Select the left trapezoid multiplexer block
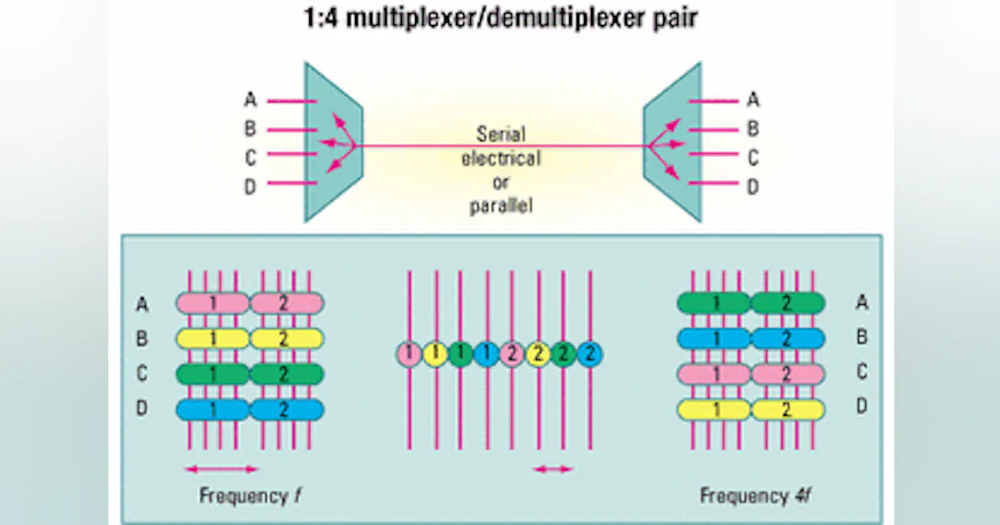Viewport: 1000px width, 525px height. (332, 142)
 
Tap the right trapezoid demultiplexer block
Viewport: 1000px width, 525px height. (672, 142)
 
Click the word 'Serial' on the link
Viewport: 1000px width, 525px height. (501, 133)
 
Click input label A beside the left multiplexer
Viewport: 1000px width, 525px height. (250, 101)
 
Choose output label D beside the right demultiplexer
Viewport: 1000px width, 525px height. (752, 187)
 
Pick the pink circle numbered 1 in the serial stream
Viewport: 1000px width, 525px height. (408, 354)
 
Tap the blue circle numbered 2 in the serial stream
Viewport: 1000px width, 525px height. (590, 354)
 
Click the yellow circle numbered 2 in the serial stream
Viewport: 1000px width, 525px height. (538, 354)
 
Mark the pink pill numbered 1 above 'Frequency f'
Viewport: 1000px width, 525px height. (212, 302)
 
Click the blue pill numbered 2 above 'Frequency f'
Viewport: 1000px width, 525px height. (286, 410)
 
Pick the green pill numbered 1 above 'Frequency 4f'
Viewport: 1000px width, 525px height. (713, 302)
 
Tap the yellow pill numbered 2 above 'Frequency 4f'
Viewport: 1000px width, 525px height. (787, 410)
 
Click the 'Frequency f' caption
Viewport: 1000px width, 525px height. (250, 497)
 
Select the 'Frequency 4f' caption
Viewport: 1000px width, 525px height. (754, 497)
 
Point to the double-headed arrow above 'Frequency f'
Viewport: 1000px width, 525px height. (222, 468)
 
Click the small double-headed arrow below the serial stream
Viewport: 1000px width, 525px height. (553, 469)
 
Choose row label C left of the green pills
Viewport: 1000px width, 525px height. (142, 374)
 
